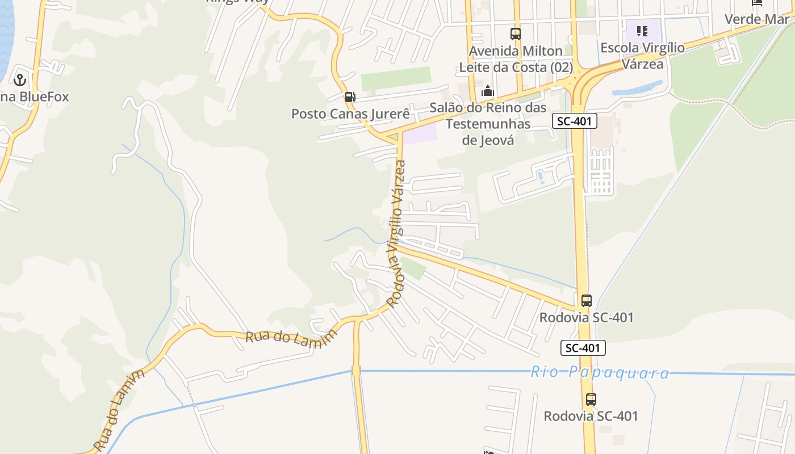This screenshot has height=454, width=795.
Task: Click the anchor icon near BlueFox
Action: pos(20,79)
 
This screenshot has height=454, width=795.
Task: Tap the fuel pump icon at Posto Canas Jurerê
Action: pos(350,97)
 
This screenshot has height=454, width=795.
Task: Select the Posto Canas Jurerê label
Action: pos(350,113)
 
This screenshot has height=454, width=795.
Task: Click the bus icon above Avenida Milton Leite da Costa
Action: pos(516,34)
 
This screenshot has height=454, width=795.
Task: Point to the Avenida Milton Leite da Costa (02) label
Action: pos(516,59)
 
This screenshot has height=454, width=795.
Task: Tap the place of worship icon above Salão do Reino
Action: pos(488,91)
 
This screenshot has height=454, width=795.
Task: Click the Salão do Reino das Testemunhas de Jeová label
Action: pos(488,124)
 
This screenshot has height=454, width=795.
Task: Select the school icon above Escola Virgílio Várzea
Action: pos(642,31)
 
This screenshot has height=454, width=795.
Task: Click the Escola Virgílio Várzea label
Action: pos(642,56)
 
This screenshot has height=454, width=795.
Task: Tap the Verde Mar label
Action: pos(756,19)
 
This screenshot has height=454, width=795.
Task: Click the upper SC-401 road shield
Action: pos(574,120)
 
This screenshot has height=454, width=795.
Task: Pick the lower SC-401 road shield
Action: pos(583,348)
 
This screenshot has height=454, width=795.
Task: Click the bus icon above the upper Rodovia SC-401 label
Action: pos(587,301)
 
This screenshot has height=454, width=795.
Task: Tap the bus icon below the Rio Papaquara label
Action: pos(591,400)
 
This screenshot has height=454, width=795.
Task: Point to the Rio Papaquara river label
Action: pos(600,373)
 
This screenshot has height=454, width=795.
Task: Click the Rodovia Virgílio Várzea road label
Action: pos(396,233)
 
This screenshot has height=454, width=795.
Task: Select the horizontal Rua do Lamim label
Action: pos(291,339)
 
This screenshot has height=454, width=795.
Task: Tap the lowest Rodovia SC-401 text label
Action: pos(591,416)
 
